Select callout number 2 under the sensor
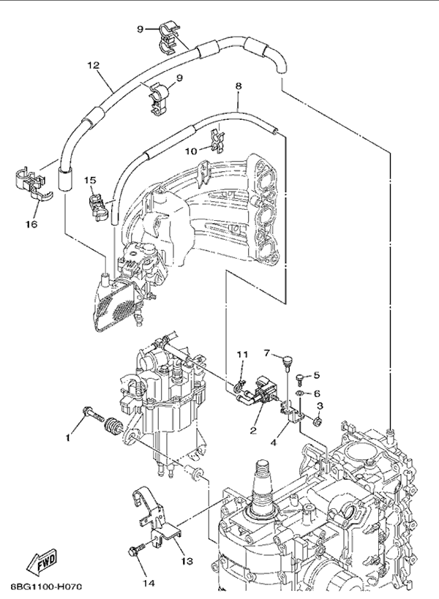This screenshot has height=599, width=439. [x=253, y=430]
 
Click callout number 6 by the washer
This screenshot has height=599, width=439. [x=317, y=393]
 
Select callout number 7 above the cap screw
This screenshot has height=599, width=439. [x=268, y=353]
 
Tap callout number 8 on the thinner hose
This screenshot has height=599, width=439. [x=238, y=86]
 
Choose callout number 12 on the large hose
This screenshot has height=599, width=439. [x=93, y=65]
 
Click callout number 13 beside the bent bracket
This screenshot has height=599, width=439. [x=186, y=561]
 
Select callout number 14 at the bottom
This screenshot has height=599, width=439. [x=149, y=583]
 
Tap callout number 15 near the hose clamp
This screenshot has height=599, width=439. [x=90, y=178]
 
